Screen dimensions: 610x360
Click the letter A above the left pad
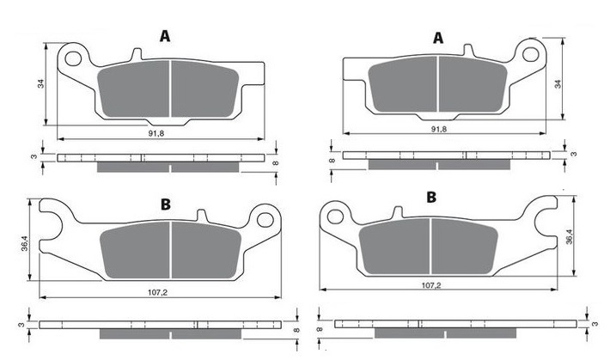click(165, 36)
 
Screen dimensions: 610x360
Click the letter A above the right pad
click(438, 38)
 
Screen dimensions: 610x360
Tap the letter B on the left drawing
click(166, 204)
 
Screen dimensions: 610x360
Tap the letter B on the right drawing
click(431, 198)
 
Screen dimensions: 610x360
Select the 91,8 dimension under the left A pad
click(156, 133)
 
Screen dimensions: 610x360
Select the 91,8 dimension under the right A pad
click(439, 129)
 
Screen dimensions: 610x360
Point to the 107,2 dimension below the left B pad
click(157, 292)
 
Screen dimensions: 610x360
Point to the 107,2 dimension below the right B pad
click(431, 285)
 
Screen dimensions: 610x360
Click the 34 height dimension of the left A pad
click(41, 83)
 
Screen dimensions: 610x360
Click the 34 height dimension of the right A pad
click(558, 83)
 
